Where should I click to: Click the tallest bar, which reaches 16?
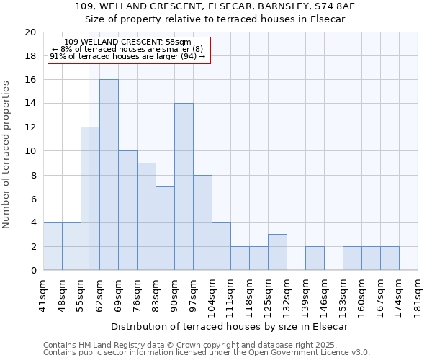pos(109,175)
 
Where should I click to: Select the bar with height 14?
pos(184,186)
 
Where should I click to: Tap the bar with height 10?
pos(127,210)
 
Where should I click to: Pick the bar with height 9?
pos(146,216)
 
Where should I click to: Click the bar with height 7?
pos(165,228)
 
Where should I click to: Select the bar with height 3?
pos(277,252)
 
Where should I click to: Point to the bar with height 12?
pos(90,199)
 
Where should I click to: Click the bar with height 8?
pos(202,222)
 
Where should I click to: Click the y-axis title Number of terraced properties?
pos(6,155)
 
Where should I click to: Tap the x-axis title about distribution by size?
pos(230,326)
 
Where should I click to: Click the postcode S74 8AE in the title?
pos(331,6)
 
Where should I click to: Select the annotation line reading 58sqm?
pos(128,42)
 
